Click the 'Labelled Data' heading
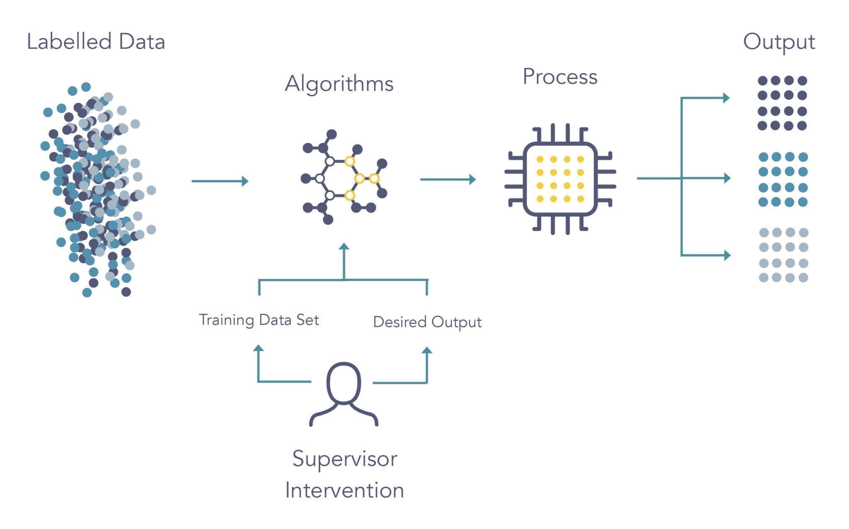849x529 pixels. (96, 42)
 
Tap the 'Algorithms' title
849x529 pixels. (339, 84)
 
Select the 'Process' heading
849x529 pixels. (560, 77)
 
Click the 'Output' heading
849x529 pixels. (779, 42)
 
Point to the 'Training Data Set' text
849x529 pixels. (259, 320)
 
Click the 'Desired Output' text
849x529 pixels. (427, 322)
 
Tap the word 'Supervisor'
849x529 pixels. (344, 459)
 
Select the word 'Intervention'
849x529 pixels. (344, 490)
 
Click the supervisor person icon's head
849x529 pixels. (344, 383)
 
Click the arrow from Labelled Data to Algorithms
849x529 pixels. (220, 181)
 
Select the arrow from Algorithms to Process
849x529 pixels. (448, 179)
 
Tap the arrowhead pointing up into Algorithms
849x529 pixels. (344, 247)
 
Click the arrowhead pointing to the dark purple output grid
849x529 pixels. (726, 98)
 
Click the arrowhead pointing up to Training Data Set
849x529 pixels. (258, 348)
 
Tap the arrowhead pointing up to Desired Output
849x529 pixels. (427, 350)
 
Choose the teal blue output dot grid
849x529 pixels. (783, 179)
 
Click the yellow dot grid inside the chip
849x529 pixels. (560, 179)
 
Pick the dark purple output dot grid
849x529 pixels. (782, 103)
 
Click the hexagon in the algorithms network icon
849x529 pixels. (340, 179)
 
